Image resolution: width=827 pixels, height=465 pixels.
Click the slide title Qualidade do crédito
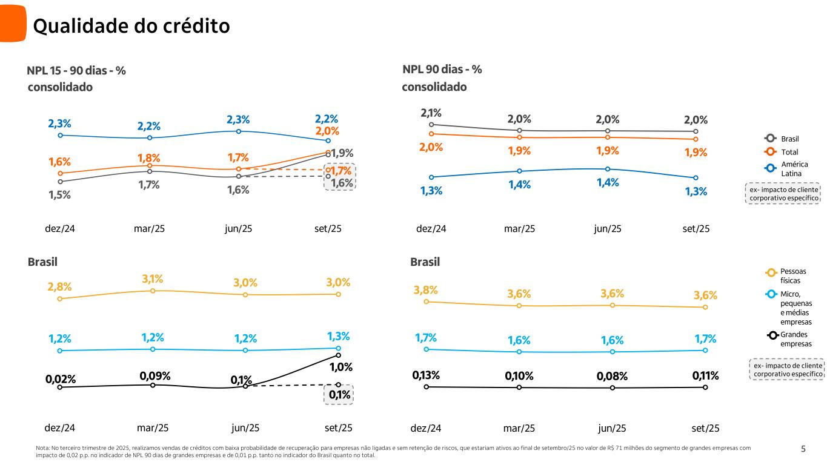(x=131, y=26)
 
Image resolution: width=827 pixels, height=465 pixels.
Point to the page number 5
(x=803, y=449)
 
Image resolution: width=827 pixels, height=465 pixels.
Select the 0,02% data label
(x=61, y=380)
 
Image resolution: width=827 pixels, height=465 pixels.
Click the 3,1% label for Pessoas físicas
(x=153, y=279)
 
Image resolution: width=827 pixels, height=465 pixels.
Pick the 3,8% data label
(x=426, y=290)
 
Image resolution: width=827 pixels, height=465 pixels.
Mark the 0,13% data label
(x=426, y=375)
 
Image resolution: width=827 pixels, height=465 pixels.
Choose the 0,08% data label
(x=613, y=376)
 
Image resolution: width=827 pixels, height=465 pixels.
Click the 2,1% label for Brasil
(x=431, y=113)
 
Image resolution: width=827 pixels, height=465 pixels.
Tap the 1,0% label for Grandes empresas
(x=340, y=367)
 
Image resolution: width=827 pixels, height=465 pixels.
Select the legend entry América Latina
(x=791, y=169)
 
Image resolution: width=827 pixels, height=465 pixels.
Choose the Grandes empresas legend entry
(x=795, y=339)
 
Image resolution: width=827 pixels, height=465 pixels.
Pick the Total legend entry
(x=789, y=151)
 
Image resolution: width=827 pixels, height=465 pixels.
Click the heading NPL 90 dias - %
(x=442, y=70)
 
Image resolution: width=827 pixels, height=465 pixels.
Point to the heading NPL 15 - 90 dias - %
(x=76, y=71)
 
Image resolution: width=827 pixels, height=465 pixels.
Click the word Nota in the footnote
(x=44, y=448)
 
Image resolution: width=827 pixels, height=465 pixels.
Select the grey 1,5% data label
(x=60, y=195)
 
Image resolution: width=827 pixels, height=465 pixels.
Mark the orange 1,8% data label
(x=148, y=158)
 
